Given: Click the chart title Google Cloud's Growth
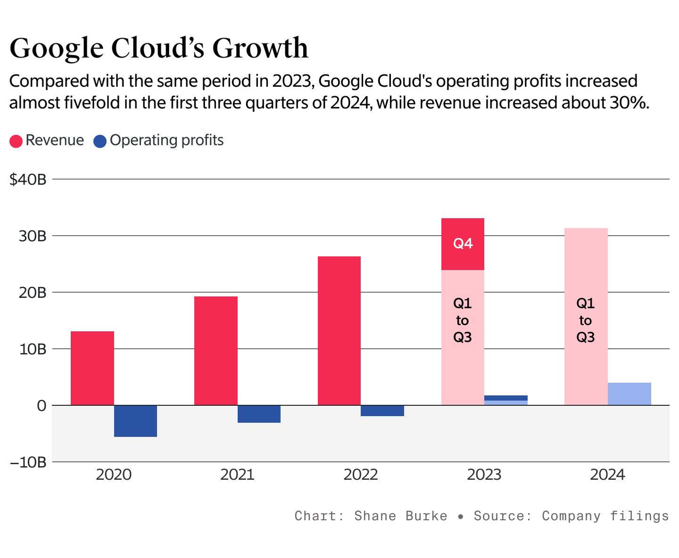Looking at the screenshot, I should tap(159, 48).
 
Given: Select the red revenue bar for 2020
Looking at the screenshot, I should tap(92, 368).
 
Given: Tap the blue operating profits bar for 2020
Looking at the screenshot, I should tap(135, 421).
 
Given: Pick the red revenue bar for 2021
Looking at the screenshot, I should tap(216, 351).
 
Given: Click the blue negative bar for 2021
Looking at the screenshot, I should tap(259, 414).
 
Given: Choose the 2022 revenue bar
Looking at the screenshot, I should tap(339, 330).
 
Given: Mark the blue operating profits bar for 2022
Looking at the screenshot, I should tap(382, 410).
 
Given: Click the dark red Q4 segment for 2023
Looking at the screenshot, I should tap(463, 244).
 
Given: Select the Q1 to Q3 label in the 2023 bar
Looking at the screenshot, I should tap(463, 320).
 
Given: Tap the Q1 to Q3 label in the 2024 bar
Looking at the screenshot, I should tap(586, 320).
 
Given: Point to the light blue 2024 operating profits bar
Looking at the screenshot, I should tap(629, 394).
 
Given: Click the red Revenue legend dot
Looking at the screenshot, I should tap(16, 141).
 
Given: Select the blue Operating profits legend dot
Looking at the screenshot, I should tap(100, 141).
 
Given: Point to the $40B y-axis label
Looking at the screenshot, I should tap(28, 180).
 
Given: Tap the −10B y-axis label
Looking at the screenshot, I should tap(28, 462).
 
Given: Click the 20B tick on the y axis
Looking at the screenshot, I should tap(33, 293).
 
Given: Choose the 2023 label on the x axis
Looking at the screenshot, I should tap(484, 475).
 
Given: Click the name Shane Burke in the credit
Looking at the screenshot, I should tap(400, 516).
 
